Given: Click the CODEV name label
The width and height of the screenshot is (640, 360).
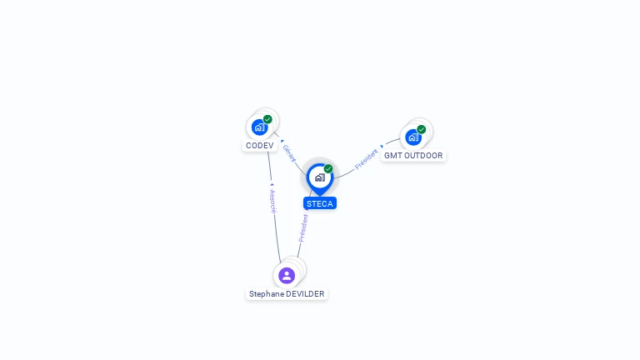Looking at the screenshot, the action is [260, 146].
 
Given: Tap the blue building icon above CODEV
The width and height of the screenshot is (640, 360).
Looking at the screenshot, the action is [260, 127].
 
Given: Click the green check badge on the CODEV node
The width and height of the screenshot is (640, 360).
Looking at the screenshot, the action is [267, 119].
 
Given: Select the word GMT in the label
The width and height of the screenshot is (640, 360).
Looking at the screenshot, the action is [392, 156].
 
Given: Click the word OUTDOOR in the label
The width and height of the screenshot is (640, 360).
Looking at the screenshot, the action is [422, 156].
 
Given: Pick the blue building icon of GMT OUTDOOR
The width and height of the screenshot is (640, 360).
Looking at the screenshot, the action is [413, 137].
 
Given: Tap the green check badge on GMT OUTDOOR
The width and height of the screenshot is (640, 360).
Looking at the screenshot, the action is [421, 129].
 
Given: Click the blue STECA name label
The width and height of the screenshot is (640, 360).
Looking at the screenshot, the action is [320, 203].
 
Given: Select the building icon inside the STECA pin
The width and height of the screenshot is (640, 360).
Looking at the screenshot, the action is [320, 177].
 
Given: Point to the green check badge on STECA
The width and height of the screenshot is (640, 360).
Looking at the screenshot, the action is [328, 169].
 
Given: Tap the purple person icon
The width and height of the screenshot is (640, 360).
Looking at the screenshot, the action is [287, 276].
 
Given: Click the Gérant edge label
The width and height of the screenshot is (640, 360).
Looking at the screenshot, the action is [289, 153].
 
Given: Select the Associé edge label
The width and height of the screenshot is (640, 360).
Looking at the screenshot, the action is [273, 201].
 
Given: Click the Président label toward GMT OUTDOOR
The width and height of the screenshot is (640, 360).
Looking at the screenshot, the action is [366, 159].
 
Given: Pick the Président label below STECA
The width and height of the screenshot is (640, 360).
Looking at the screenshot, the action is [303, 228].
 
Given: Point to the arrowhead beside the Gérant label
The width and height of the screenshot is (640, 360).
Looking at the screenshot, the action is [282, 141].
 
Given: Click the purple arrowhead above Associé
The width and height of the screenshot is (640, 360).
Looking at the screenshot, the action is [272, 185].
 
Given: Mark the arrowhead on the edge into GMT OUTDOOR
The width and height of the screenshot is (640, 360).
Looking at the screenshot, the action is [382, 147].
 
